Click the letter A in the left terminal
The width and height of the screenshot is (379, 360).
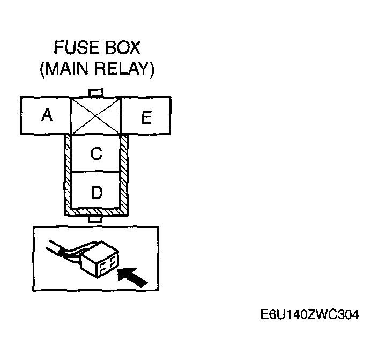pyautogui.click(x=47, y=115)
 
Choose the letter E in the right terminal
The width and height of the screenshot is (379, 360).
pyautogui.click(x=146, y=117)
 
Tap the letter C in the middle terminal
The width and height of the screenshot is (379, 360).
pyautogui.click(x=96, y=154)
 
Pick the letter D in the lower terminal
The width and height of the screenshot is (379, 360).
pyautogui.click(x=96, y=192)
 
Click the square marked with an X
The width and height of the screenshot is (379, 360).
pyautogui.click(x=96, y=115)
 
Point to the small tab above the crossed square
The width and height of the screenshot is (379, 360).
pyautogui.click(x=96, y=93)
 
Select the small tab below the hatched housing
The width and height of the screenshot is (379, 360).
pyautogui.click(x=96, y=219)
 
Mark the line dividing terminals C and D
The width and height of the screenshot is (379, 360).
pyautogui.click(x=96, y=172)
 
